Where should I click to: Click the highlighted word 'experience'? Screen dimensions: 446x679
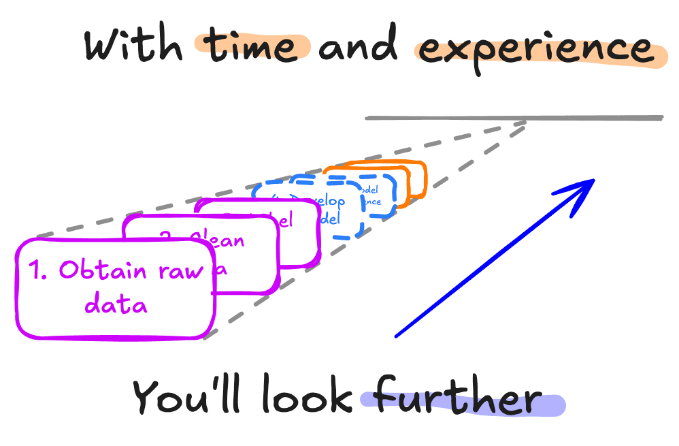(x=534, y=49)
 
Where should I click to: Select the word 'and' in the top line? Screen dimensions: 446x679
(x=359, y=46)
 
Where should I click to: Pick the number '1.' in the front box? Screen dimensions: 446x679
(x=42, y=270)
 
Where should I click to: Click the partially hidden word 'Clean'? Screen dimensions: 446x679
(x=216, y=239)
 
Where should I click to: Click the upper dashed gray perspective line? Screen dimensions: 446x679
(x=272, y=180)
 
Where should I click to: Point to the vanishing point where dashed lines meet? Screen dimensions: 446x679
(x=527, y=123)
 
